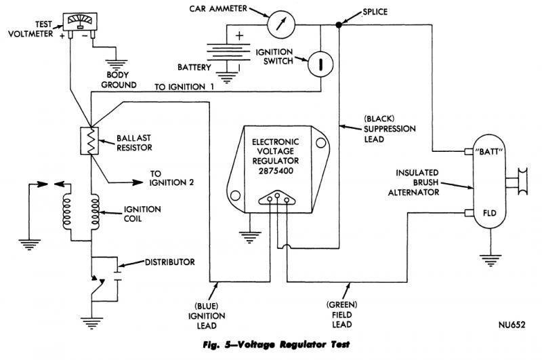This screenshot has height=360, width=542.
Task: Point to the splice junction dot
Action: tap(338, 26)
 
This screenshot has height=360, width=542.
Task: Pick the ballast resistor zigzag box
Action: tap(87, 142)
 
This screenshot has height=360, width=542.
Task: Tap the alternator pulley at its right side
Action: tap(524, 182)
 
